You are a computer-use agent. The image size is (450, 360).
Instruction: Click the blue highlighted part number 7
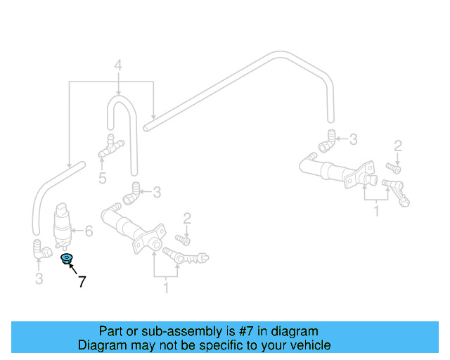[x=67, y=259]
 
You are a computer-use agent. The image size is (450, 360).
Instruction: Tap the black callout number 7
[x=82, y=282]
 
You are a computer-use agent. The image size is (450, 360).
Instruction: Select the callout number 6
[x=89, y=231]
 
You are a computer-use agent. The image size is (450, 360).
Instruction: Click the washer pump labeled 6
[x=63, y=226]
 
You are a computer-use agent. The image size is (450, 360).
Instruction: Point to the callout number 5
[x=103, y=179]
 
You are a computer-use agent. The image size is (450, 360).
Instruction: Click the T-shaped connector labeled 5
[x=111, y=146]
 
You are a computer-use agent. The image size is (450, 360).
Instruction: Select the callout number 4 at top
[x=118, y=65]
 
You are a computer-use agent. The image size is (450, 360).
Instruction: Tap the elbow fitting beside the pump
[x=41, y=250]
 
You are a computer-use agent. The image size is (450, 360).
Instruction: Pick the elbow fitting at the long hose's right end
[x=327, y=141]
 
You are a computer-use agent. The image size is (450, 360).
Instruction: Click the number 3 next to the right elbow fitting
[x=353, y=139]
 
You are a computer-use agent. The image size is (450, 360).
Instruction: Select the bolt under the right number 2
[x=394, y=169]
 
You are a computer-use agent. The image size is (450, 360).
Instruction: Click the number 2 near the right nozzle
[x=398, y=146]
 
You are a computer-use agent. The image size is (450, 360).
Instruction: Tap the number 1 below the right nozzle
[x=377, y=212]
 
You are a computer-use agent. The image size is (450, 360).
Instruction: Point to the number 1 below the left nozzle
[x=166, y=288]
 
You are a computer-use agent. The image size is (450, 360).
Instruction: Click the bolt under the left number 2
[x=183, y=240]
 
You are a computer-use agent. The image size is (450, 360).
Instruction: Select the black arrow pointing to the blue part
[x=73, y=269]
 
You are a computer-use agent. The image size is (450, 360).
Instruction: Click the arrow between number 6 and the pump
[x=77, y=231]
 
